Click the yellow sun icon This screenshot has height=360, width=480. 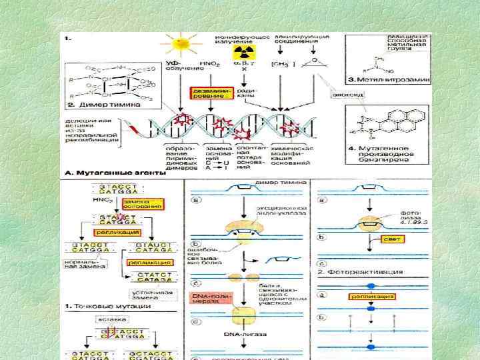pos(181,44)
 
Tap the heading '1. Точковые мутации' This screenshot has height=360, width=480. pos(107,307)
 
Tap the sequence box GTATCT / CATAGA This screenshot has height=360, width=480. pos(153,277)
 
